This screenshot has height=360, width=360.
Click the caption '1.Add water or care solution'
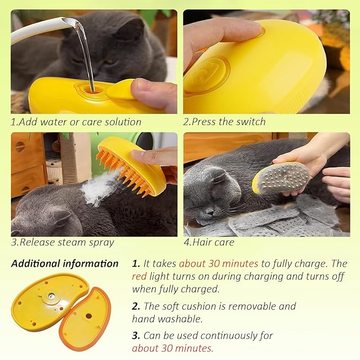(76, 121)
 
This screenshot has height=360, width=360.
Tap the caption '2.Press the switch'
(224, 121)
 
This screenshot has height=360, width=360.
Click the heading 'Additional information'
(65, 264)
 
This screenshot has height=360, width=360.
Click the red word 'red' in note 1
(139, 277)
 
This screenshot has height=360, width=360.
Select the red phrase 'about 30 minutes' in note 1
(218, 264)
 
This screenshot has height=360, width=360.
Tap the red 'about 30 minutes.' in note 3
(173, 348)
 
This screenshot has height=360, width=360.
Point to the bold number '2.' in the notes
(136, 306)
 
